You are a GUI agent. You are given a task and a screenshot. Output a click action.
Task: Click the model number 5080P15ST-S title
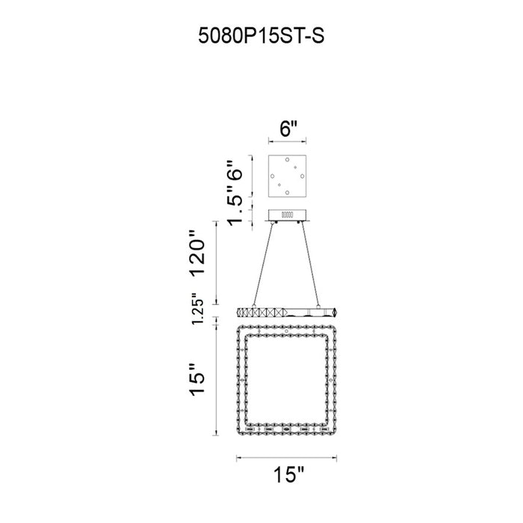coord(261,35)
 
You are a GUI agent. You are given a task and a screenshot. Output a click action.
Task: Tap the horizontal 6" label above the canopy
coord(288,129)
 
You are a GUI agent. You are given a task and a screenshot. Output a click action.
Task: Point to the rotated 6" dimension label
coord(234,174)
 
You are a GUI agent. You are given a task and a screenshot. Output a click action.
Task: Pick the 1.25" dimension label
coord(197,309)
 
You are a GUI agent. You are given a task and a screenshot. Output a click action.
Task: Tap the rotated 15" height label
coord(197,380)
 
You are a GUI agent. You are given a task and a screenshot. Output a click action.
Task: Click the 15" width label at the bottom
coord(289,474)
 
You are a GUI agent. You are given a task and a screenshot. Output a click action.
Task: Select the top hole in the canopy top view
coord(287,159)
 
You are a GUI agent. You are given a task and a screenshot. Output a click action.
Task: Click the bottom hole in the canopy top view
coord(287,193)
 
